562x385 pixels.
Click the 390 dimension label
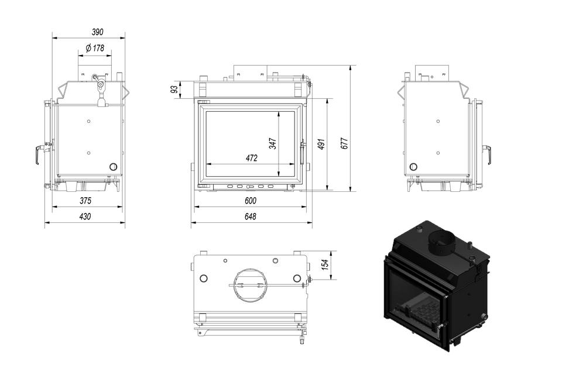[x=97, y=32]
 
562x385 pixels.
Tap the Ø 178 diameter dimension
[x=95, y=47]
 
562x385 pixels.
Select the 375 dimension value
[x=85, y=201]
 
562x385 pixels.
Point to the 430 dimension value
[x=85, y=216]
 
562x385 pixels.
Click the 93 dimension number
[x=174, y=89]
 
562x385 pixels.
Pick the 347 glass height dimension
[x=273, y=143]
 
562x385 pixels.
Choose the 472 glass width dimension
[x=252, y=158]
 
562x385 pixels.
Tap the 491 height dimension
[x=321, y=144]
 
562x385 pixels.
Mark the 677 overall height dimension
[x=344, y=143]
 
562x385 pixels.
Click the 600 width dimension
[x=251, y=201]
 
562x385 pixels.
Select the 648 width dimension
[x=251, y=216]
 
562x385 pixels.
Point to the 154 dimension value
[x=325, y=264]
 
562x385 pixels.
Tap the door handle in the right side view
[x=488, y=154]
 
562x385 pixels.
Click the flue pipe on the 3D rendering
[x=441, y=243]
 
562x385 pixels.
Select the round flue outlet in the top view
[x=250, y=285]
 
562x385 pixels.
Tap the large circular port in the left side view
[x=113, y=167]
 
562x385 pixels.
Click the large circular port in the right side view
[x=413, y=167]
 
